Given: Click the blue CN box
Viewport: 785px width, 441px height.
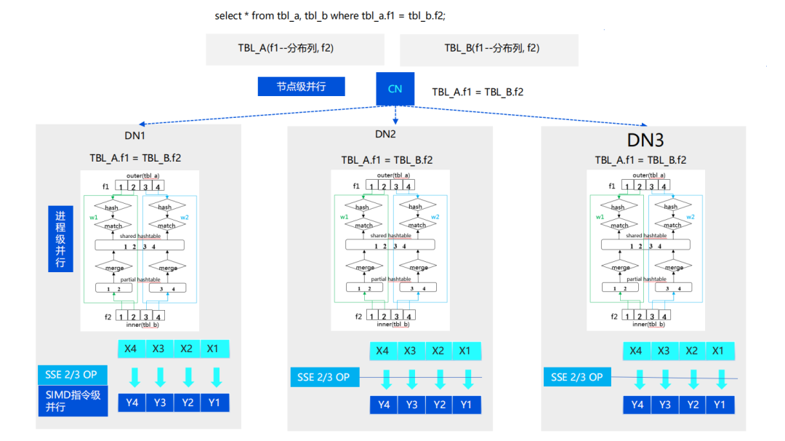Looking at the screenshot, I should tap(395, 89).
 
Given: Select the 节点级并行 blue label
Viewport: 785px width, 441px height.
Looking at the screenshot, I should tap(301, 87).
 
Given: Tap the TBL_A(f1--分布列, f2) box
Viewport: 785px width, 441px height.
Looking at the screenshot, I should tap(286, 49).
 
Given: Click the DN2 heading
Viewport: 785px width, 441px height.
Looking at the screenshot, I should tap(385, 134).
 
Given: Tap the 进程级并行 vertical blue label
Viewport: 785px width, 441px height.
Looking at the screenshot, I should tap(60, 239).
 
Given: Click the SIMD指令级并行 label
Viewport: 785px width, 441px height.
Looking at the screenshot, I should tap(73, 401).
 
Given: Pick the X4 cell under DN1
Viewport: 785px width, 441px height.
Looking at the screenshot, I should tap(131, 348).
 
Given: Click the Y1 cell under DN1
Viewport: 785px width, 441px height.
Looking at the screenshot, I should tap(214, 402).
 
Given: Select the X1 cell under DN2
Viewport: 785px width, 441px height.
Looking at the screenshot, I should tap(466, 350).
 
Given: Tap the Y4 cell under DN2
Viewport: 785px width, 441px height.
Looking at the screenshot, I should tap(384, 405).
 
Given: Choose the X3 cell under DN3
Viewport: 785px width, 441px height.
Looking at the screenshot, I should tap(664, 350).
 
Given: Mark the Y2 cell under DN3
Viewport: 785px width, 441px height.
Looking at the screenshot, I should tap(691, 405).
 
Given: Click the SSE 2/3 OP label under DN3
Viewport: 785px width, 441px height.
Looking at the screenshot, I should tap(576, 377).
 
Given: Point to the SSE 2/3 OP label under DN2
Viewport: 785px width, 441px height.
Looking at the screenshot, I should tap(323, 377).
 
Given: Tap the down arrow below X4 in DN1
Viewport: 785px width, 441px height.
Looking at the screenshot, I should tap(134, 377).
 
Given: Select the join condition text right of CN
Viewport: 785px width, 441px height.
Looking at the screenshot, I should tap(478, 92).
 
